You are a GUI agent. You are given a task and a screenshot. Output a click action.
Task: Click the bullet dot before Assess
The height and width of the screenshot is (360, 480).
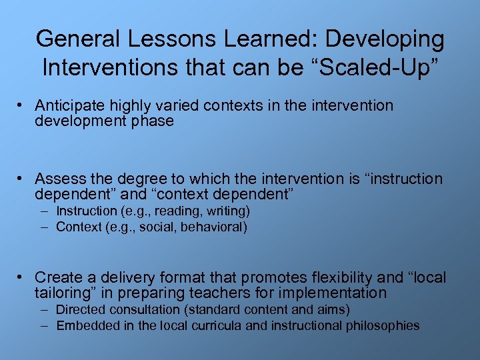tap(21, 179)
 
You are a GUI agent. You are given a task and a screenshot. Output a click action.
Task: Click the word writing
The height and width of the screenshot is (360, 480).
tap(224, 212)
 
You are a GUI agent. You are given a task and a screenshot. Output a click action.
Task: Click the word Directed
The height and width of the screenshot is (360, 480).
tap(79, 310)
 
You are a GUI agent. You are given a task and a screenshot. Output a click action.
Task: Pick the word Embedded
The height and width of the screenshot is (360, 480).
tap(83, 326)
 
